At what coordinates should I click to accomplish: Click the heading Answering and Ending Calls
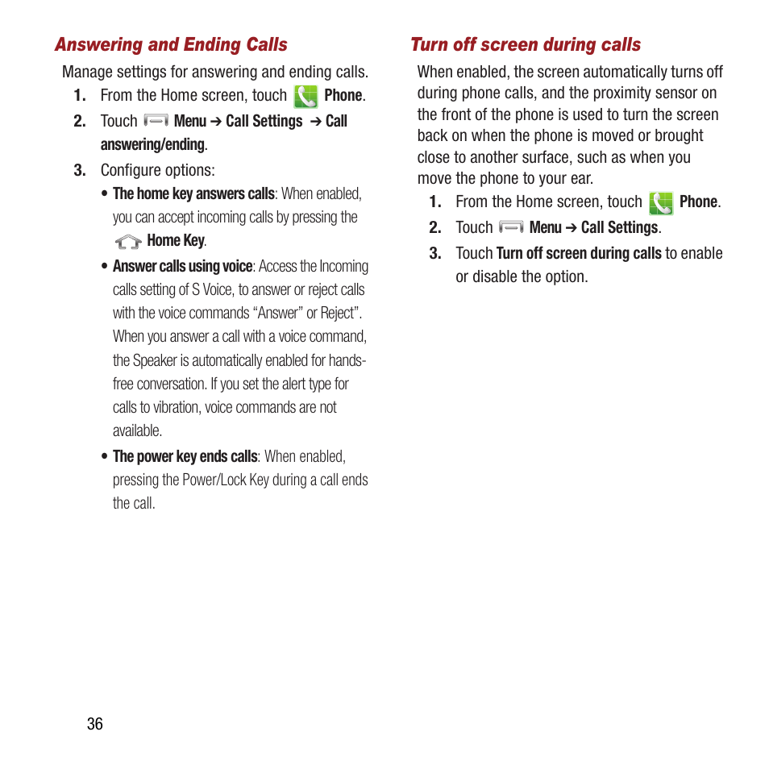(171, 45)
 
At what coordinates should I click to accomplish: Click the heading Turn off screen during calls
(526, 45)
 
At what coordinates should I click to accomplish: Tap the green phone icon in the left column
(306, 97)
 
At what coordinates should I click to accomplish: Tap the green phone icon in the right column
(661, 203)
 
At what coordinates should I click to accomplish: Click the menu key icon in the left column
(156, 121)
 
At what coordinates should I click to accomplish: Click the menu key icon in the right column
(511, 227)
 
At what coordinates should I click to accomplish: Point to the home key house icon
(127, 241)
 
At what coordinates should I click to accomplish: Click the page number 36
(95, 724)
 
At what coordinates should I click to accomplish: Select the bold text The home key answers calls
(193, 193)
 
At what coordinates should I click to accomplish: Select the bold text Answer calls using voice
(182, 266)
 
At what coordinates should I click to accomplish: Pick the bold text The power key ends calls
(185, 456)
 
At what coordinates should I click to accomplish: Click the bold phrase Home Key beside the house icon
(176, 240)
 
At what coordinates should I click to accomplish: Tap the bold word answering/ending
(152, 144)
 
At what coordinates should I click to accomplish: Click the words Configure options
(157, 170)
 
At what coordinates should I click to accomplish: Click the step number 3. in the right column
(435, 253)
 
